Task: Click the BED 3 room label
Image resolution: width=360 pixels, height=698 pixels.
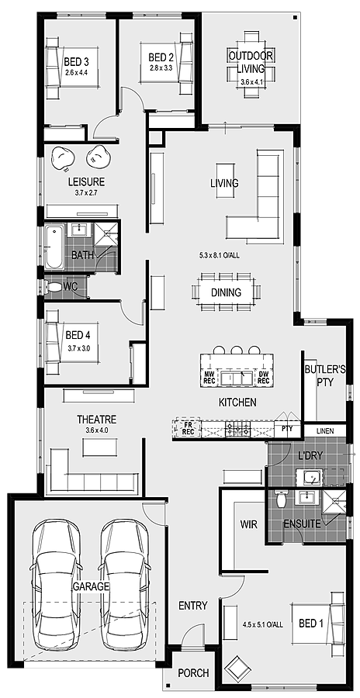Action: [76, 61]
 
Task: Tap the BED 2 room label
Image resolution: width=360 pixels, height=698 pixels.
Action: [161, 57]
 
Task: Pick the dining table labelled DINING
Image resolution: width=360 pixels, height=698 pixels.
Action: [225, 292]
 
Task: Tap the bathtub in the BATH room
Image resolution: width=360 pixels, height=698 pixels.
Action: [54, 247]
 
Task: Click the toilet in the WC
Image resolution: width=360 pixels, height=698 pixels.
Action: [52, 287]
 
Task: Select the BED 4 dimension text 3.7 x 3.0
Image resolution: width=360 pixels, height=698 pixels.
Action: [78, 348]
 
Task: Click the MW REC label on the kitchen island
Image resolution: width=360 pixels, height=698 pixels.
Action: [209, 378]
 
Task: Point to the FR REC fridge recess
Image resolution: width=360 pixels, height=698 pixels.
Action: [187, 428]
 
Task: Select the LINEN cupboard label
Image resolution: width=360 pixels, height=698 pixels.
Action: [326, 430]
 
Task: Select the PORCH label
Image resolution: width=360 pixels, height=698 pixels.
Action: [193, 673]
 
